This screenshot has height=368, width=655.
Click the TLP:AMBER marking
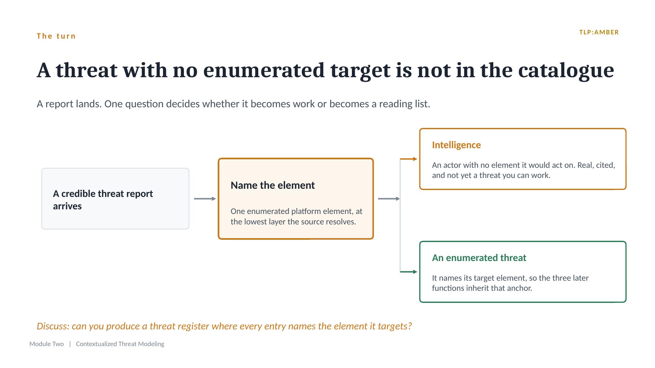(599, 32)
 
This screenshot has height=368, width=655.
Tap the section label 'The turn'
(56, 36)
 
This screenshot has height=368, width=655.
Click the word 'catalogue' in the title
(566, 70)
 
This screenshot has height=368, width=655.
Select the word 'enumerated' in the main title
(264, 70)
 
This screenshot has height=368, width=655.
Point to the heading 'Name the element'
(273, 185)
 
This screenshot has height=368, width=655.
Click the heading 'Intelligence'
(456, 145)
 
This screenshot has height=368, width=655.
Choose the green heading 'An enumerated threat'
(479, 258)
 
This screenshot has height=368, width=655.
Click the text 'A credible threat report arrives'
(103, 200)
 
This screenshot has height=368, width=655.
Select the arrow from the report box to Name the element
(205, 199)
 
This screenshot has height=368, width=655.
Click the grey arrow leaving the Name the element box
(389, 199)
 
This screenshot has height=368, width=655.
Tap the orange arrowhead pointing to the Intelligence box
(415, 159)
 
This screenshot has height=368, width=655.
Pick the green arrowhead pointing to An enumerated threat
(415, 272)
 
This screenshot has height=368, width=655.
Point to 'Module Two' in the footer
(46, 344)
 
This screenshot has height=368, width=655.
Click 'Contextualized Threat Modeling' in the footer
(120, 344)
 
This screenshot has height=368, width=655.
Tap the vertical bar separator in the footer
(70, 344)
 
